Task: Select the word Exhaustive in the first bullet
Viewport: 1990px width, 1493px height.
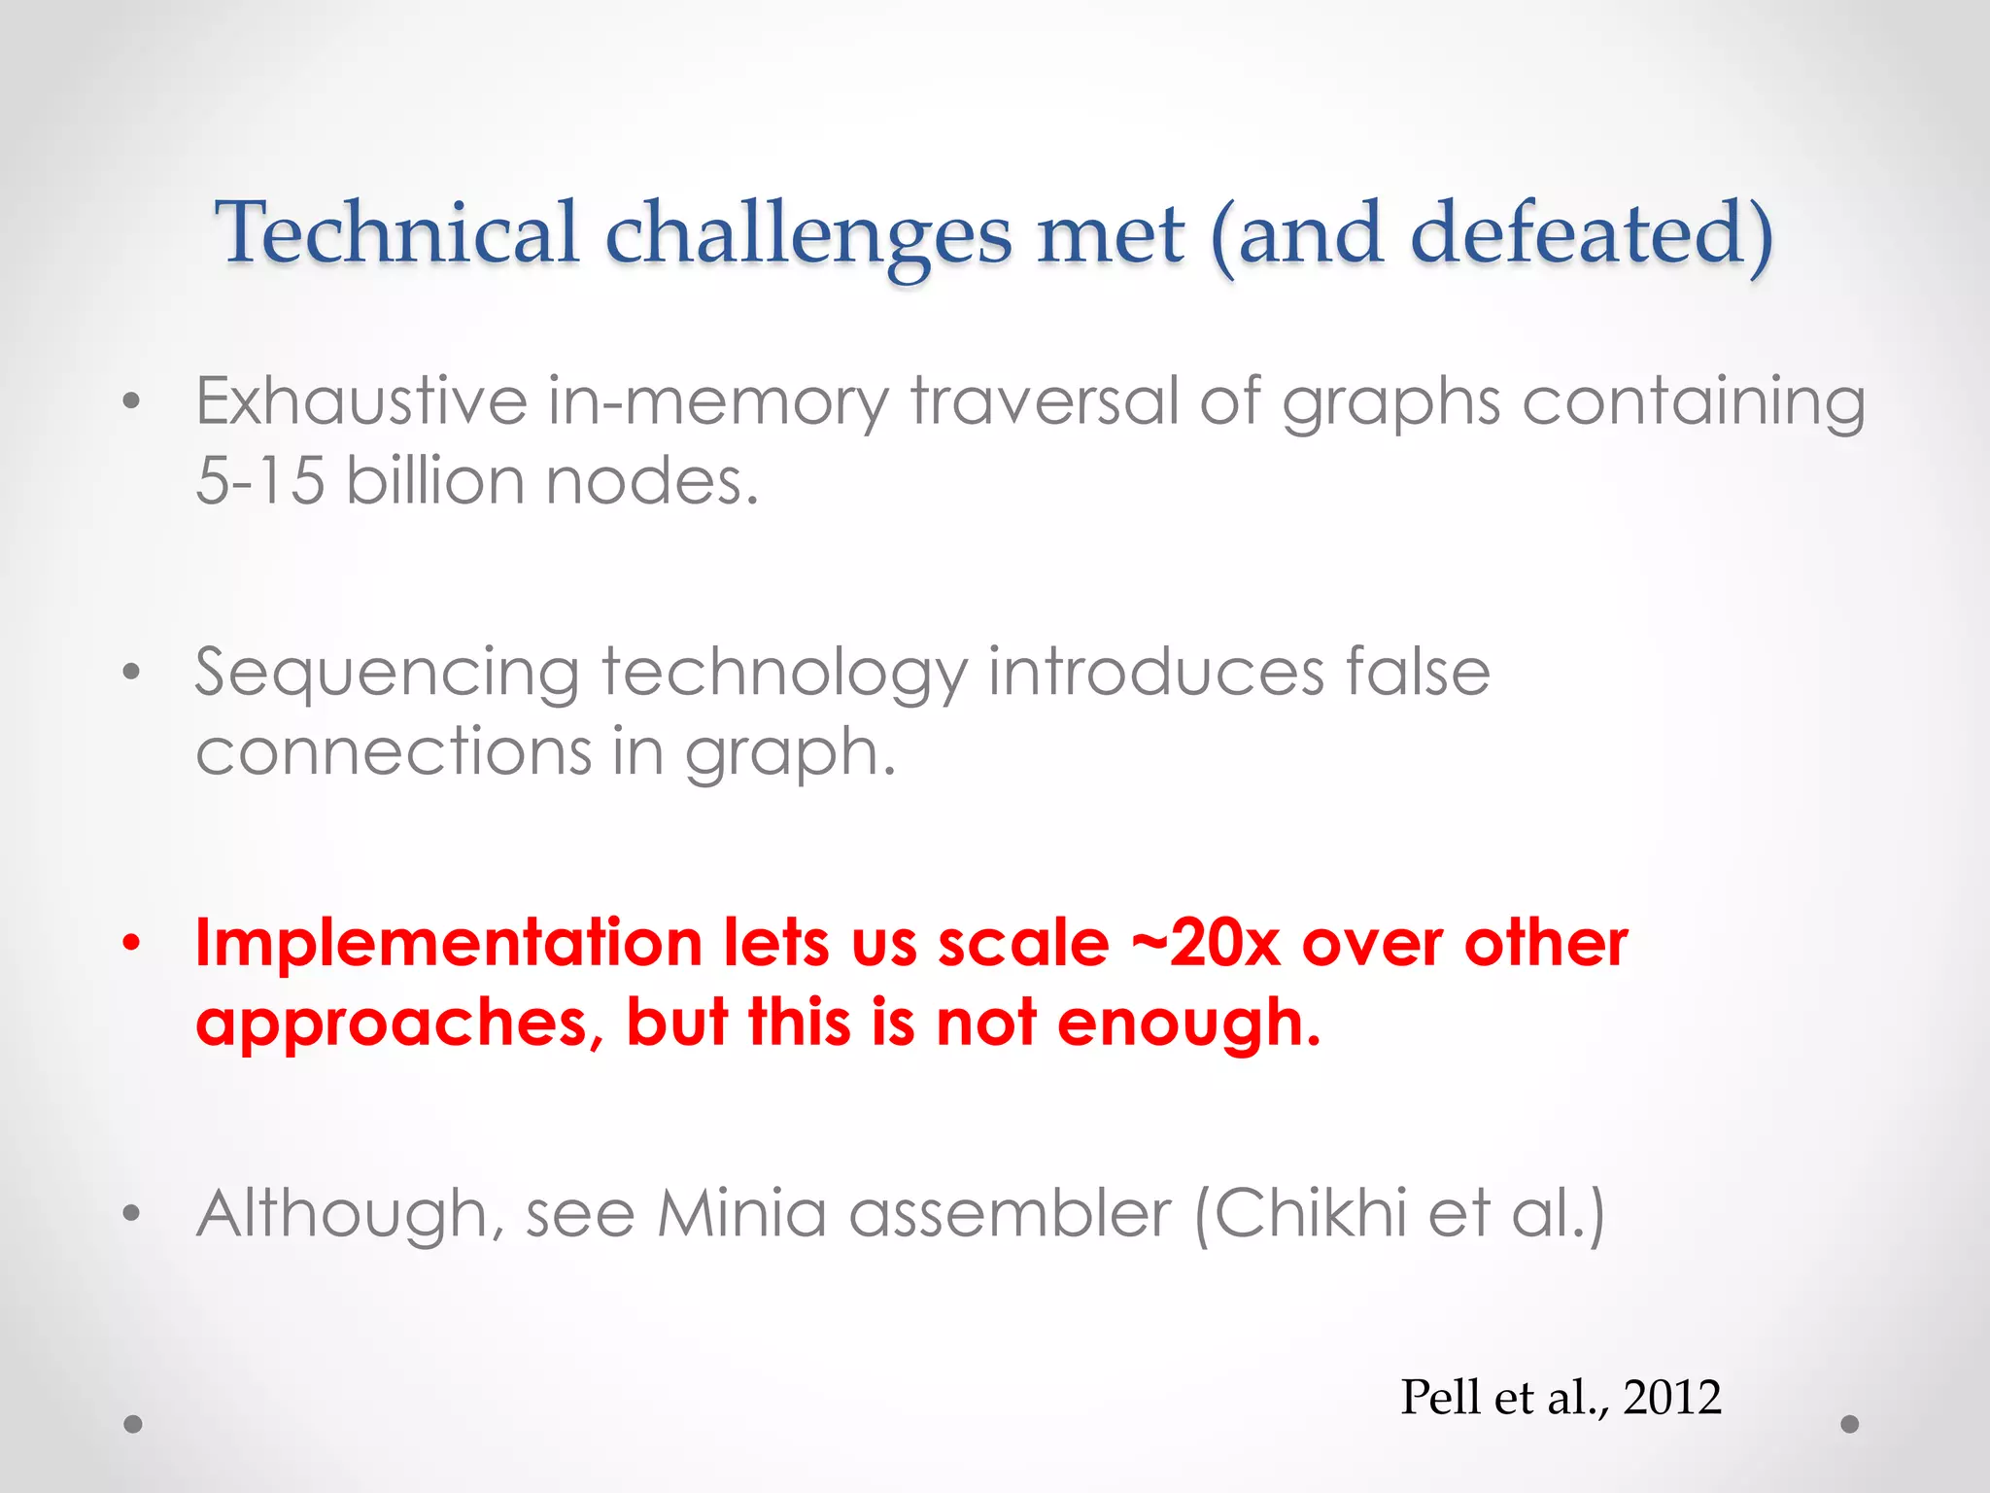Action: pyautogui.click(x=360, y=400)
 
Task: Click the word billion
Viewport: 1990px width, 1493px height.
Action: pyautogui.click(x=434, y=480)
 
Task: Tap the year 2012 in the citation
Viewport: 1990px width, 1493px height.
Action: pyautogui.click(x=1671, y=1397)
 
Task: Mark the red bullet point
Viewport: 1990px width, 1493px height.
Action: pyautogui.click(x=132, y=942)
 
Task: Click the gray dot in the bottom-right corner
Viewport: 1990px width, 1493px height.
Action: pyautogui.click(x=1850, y=1424)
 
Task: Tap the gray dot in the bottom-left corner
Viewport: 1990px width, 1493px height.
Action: pyautogui.click(x=133, y=1424)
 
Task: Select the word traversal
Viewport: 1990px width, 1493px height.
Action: pyautogui.click(x=1044, y=400)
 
